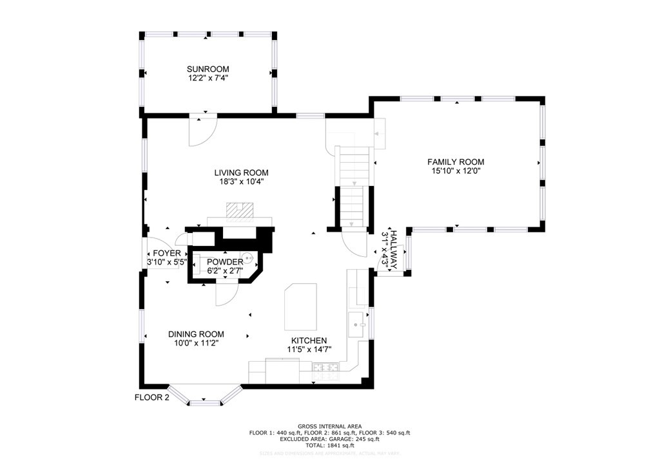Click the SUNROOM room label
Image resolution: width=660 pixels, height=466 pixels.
208,69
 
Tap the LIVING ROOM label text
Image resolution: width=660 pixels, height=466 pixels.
241,172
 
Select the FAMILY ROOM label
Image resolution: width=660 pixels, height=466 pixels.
456,162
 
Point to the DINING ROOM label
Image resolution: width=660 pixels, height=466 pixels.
196,334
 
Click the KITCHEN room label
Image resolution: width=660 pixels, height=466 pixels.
309,340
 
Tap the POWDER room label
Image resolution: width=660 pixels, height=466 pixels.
225,262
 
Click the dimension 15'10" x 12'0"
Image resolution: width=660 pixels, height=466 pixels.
456,171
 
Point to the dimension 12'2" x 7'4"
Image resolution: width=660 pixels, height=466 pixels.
208,78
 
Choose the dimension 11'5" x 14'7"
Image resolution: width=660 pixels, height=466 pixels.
309,349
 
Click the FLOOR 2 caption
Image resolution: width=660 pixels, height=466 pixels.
151,397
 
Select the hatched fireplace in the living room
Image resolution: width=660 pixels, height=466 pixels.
239,210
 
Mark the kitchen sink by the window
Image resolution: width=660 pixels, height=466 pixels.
356,325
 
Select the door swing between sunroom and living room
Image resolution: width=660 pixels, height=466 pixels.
201,131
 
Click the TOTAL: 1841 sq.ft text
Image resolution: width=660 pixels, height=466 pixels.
329,445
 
